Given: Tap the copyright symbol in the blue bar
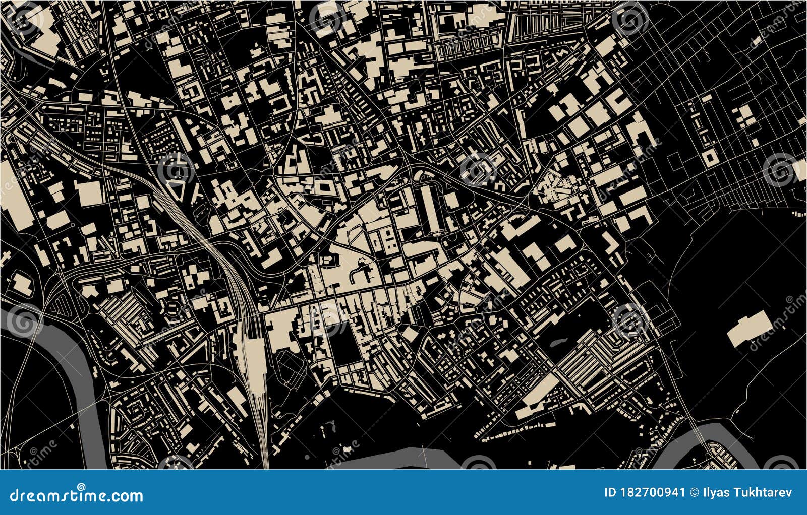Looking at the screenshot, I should [x=692, y=492].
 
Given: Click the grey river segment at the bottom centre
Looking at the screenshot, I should [x=383, y=457].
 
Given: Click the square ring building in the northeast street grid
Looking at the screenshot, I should [x=709, y=157].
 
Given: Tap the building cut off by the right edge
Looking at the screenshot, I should [x=801, y=168].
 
